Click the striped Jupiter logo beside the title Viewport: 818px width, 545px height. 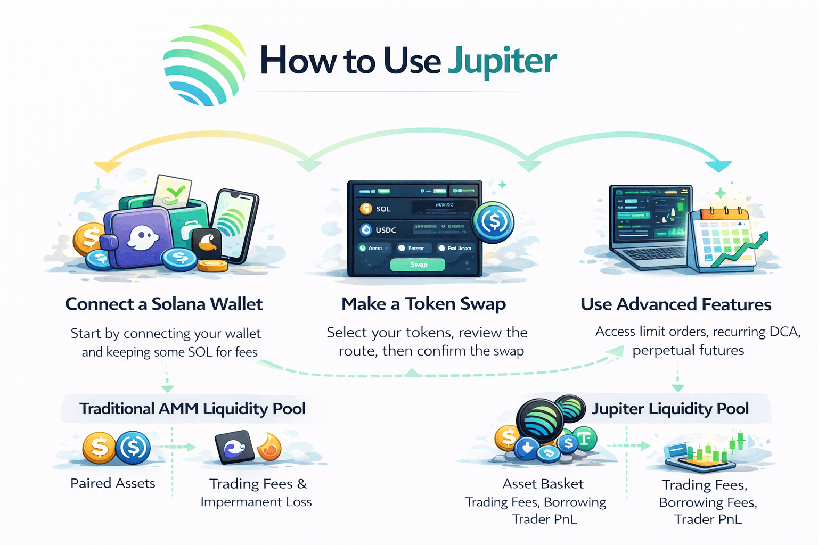point(204,64)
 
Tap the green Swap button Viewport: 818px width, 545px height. point(418,265)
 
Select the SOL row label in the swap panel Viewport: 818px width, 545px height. point(383,209)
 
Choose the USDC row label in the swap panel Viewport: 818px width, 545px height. point(386,230)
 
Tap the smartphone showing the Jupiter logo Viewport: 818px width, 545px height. point(234,224)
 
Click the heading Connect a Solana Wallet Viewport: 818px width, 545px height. point(163,304)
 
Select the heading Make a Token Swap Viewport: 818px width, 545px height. point(423,304)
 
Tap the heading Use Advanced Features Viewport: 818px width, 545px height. point(676,304)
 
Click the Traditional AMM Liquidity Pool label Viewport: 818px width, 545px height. point(192,409)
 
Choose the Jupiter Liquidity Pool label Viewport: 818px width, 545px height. point(670,409)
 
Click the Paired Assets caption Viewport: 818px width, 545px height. point(113,483)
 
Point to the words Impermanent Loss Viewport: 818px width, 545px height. point(256,502)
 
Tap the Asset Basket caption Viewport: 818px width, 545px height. point(543,484)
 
